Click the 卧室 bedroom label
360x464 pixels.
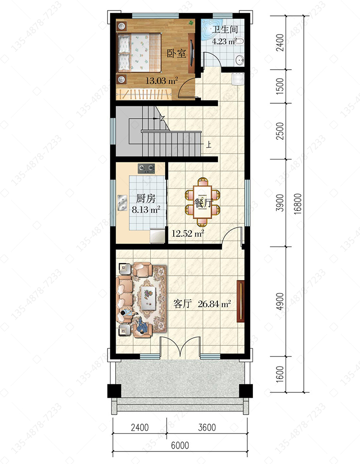point(176,54)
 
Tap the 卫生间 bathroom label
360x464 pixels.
point(225,30)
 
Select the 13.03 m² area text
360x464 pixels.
point(161,80)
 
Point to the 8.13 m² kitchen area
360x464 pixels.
point(146,210)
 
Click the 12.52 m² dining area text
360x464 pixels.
point(188,233)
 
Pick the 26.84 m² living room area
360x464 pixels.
point(215,304)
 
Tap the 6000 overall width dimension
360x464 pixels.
point(180,445)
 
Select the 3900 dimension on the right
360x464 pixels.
point(280,203)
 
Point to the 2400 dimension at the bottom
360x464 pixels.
point(140,427)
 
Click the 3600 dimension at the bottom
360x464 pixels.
point(207,427)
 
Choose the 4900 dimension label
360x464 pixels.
point(280,301)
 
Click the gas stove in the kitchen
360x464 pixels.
point(146,169)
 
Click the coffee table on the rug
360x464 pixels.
point(149,298)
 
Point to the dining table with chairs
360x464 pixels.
point(203,202)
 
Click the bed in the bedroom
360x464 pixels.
point(140,53)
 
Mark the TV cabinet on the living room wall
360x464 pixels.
point(241,301)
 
